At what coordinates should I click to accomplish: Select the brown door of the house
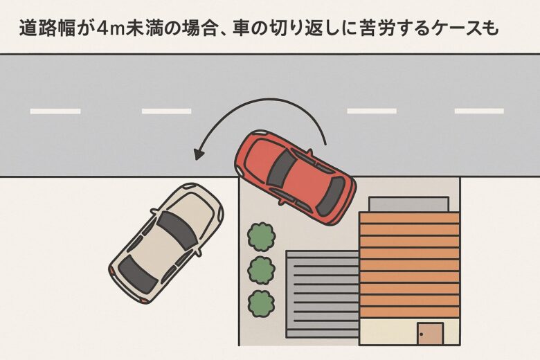pos(430,334)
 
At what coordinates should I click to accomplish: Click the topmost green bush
pos(261,236)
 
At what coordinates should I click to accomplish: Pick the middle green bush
pos(261,270)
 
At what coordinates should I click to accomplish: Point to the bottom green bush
pos(261,303)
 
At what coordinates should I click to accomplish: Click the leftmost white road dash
pos(55,111)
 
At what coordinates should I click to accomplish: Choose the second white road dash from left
pos(166,111)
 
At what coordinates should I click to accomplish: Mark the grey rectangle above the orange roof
pos(408,204)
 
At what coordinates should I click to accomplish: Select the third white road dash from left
pos(372,111)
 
